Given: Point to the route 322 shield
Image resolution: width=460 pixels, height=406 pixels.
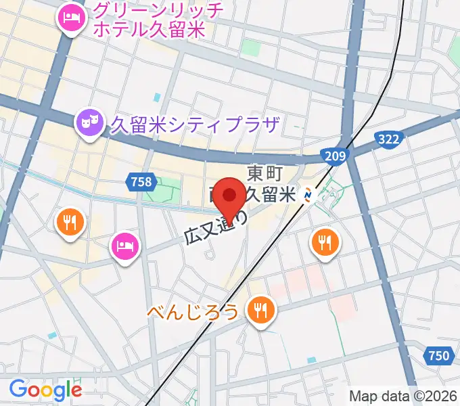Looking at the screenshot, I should point(389,139).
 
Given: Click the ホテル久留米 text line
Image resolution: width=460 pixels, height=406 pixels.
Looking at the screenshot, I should point(149,30).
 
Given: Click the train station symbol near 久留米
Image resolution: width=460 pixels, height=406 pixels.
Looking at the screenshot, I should point(308,195).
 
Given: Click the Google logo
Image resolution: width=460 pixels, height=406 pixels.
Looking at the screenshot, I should point(45,390).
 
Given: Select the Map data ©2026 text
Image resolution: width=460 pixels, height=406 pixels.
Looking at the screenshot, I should point(402,396).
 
